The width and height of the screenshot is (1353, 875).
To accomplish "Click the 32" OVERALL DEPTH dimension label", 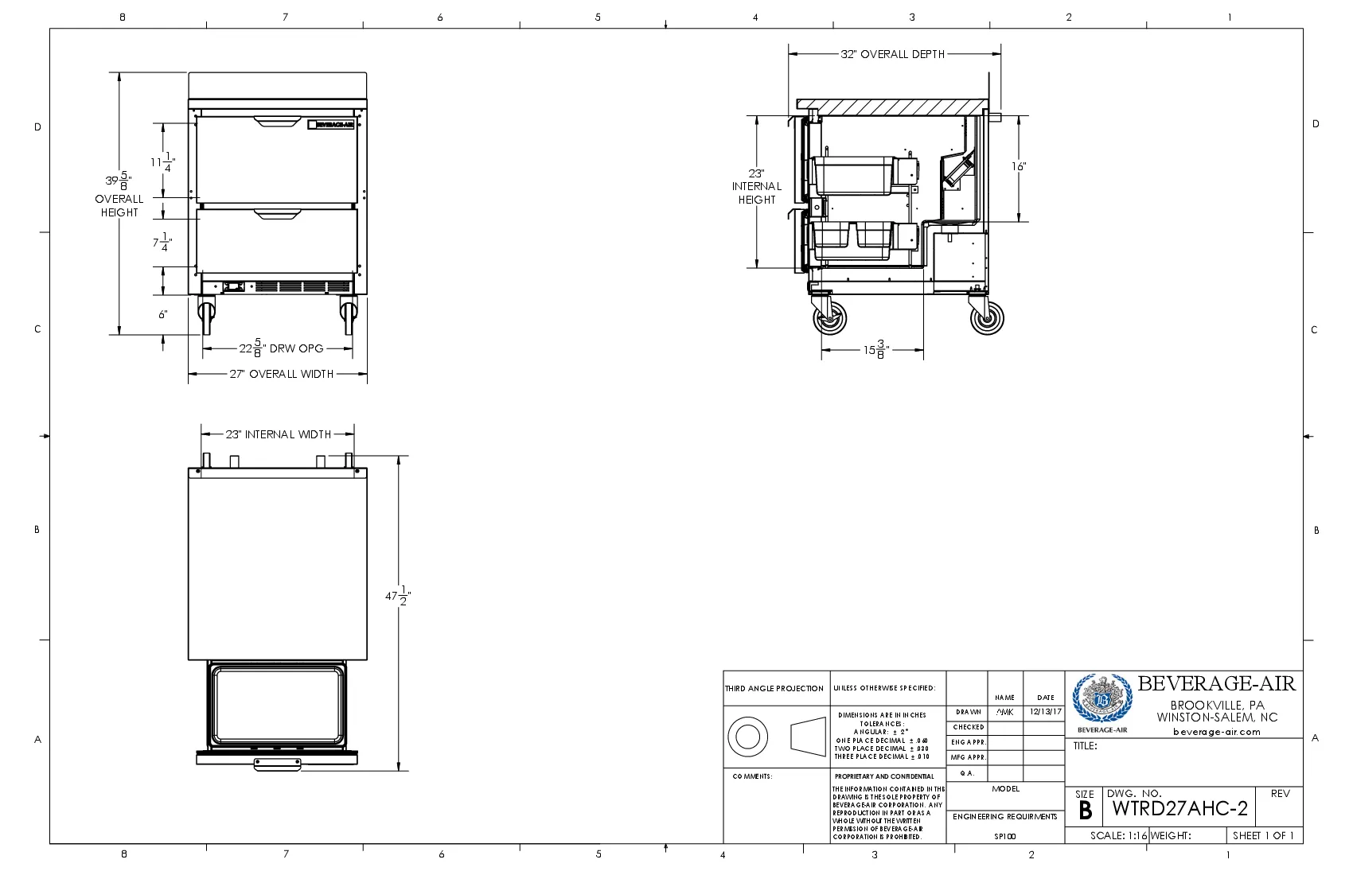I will tap(892, 54).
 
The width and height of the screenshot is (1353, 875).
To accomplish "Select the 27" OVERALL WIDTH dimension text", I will tap(281, 374).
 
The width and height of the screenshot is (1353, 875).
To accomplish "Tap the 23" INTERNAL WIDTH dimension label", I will tap(278, 434).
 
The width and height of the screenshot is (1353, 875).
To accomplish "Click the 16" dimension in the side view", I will tap(1019, 166).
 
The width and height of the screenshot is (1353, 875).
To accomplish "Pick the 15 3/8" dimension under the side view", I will tap(875, 349).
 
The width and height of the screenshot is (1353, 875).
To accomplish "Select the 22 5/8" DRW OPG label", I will tap(281, 348).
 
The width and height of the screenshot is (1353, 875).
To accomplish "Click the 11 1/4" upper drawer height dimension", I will tap(163, 162).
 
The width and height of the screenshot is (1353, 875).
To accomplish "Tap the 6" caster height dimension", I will tap(162, 314).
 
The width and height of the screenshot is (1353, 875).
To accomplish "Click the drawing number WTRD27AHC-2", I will tap(1179, 809).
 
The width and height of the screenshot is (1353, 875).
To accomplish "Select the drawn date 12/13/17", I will tap(1045, 712).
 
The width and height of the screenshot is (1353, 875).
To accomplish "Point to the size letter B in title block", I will tap(1085, 811).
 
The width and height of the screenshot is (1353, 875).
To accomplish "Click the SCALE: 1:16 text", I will tap(1118, 836).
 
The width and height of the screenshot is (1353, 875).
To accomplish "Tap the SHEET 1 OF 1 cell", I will tap(1263, 836).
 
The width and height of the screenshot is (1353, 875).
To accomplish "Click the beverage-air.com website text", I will tap(1216, 732).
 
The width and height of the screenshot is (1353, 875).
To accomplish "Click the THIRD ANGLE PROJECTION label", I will tap(774, 689).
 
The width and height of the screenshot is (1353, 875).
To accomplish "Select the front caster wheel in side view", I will tap(830, 319).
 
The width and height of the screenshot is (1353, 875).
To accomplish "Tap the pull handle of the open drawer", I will tap(278, 765).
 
